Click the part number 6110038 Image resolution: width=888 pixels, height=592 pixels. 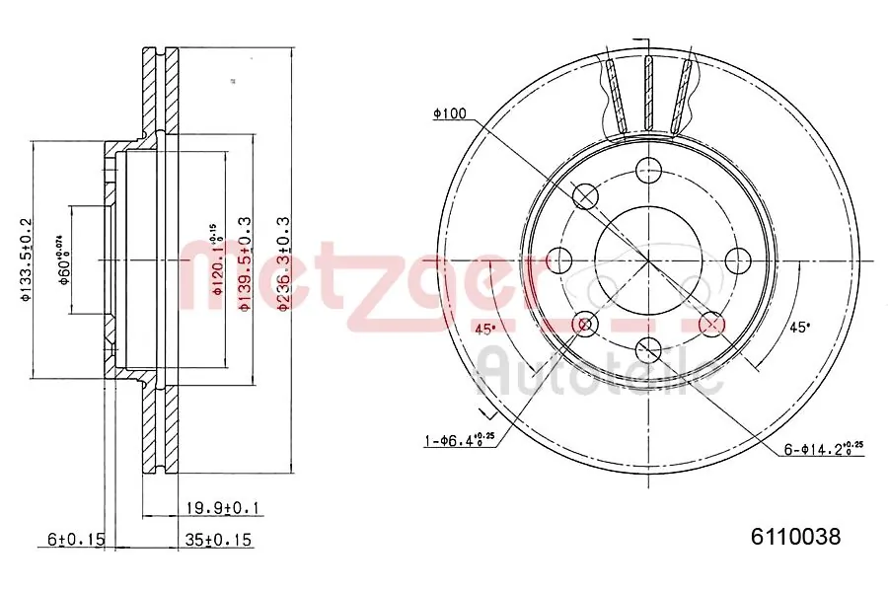pos(795,538)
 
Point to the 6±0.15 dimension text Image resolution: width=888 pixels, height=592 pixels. pos(75,540)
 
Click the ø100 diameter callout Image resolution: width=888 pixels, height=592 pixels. pos(449,114)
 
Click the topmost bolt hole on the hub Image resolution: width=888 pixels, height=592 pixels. pos(648,171)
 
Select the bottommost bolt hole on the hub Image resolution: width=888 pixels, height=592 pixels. pos(648,349)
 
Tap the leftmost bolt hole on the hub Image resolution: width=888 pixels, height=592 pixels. pos(560,260)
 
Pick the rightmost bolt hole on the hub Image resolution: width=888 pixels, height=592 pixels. pos(736,260)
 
